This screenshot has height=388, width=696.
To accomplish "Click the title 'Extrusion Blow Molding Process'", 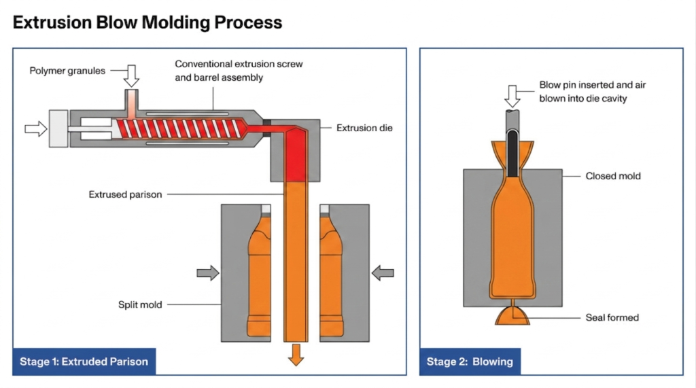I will (x=147, y=22).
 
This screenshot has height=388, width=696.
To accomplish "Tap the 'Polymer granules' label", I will (x=67, y=71).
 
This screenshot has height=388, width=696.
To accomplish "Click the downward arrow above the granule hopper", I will (x=131, y=75).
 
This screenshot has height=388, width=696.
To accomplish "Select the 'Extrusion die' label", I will (x=364, y=128).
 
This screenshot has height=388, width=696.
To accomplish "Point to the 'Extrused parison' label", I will (x=125, y=194).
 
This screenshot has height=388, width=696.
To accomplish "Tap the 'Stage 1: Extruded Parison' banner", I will (x=84, y=361).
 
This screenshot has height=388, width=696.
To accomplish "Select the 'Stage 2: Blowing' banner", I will (x=470, y=361).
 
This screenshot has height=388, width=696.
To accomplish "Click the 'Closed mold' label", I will (x=613, y=176).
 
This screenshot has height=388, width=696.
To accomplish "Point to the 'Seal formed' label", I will (x=612, y=317).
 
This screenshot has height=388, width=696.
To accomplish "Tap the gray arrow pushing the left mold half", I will (x=208, y=273).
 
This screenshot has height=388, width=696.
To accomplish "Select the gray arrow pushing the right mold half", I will (x=383, y=273).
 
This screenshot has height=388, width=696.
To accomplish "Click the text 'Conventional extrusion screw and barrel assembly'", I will (x=239, y=71).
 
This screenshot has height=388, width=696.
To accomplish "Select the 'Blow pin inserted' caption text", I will (x=583, y=92).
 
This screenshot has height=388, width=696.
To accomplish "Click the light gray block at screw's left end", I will (x=58, y=128).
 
